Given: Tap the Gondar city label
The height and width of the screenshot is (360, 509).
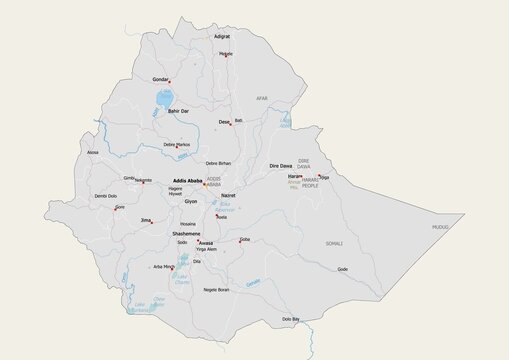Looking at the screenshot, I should [x=160, y=77].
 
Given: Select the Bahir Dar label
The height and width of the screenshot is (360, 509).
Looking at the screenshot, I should [x=179, y=110].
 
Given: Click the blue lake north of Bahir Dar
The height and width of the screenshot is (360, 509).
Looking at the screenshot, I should [x=161, y=99].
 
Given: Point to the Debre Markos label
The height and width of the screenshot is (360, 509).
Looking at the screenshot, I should [x=177, y=145].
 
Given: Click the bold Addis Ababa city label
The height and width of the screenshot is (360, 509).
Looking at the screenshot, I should [x=187, y=181].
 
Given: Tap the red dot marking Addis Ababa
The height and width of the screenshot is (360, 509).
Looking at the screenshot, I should [x=205, y=184].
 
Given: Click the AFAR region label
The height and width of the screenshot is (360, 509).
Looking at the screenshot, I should [x=262, y=99].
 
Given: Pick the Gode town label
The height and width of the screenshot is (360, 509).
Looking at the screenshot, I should [x=343, y=268].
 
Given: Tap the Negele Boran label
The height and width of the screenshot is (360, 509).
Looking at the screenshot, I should [x=216, y=289].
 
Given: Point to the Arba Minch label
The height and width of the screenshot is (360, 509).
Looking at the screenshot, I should [x=163, y=267].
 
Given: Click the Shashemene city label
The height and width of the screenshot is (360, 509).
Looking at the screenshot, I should [x=185, y=232].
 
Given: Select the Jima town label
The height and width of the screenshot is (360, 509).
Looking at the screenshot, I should [x=146, y=219].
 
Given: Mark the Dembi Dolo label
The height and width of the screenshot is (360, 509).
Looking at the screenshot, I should [x=105, y=196].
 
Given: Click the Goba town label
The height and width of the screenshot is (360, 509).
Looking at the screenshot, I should [x=245, y=239].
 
